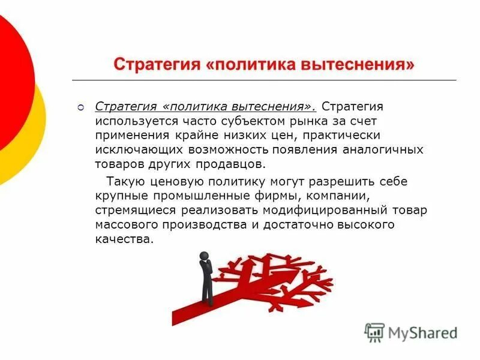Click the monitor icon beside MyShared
[374, 332]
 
